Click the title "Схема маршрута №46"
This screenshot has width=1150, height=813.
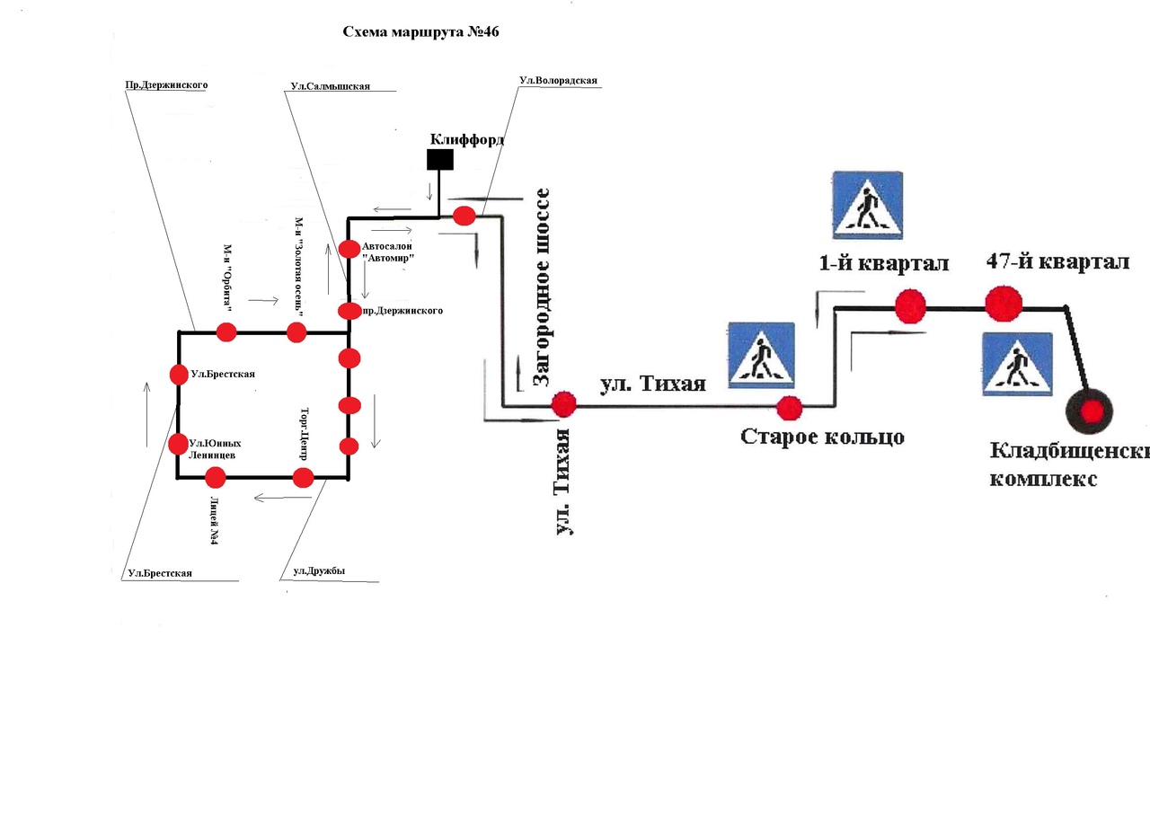pyautogui.click(x=420, y=32)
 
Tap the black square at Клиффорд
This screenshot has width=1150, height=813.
pyautogui.click(x=439, y=160)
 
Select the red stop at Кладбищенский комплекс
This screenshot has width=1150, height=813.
pyautogui.click(x=1092, y=412)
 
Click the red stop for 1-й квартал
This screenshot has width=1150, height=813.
pyautogui.click(x=910, y=305)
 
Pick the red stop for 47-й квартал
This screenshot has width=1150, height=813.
pyautogui.click(x=1004, y=304)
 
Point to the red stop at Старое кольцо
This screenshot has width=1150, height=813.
pyautogui.click(x=790, y=408)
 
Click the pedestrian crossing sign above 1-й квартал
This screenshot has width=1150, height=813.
pyautogui.click(x=867, y=205)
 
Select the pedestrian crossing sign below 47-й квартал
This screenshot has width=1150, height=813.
pyautogui.click(x=1017, y=365)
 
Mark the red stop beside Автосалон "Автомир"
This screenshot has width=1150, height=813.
pyautogui.click(x=349, y=250)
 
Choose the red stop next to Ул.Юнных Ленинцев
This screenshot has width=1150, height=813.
pyautogui.click(x=178, y=444)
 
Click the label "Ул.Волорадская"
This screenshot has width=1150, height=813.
pyautogui.click(x=558, y=81)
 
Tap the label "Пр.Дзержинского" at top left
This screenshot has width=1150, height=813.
pyautogui.click(x=167, y=85)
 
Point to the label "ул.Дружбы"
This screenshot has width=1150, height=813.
pyautogui.click(x=319, y=570)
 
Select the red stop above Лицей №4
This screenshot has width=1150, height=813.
pyautogui.click(x=216, y=477)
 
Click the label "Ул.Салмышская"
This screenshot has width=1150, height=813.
pyautogui.click(x=331, y=87)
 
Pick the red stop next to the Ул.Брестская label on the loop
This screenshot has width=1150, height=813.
pyautogui.click(x=178, y=374)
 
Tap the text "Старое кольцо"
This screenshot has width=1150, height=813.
pyautogui.click(x=822, y=437)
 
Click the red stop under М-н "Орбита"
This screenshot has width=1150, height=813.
pyautogui.click(x=226, y=332)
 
